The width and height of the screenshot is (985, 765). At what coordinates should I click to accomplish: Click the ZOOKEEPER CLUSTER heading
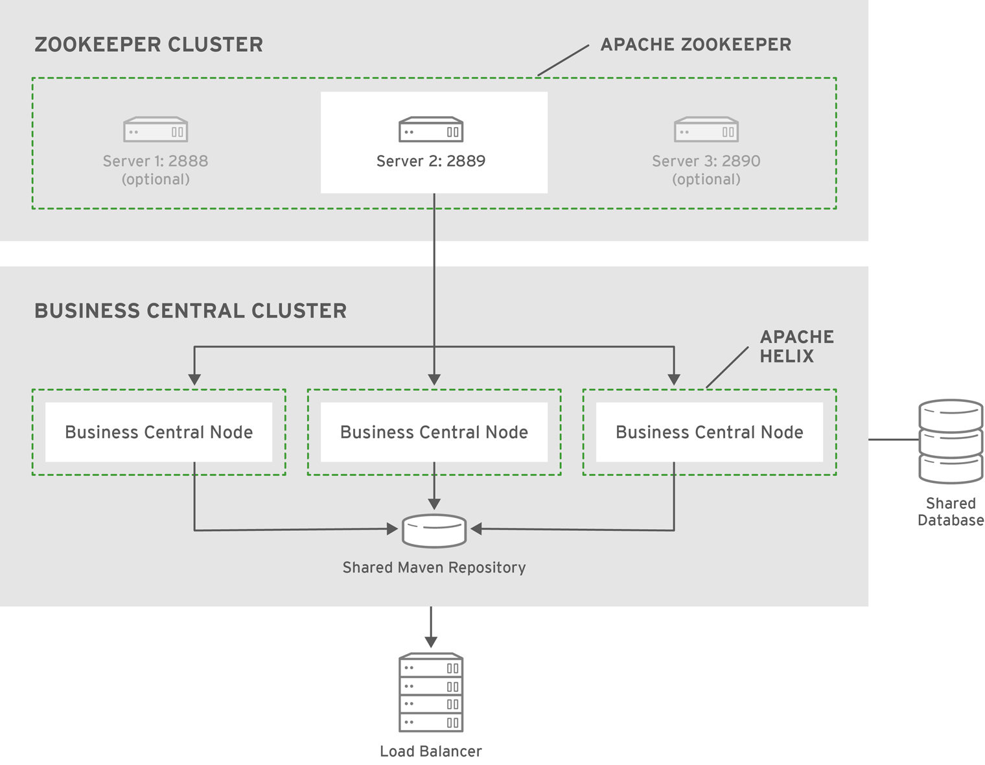pyautogui.click(x=148, y=45)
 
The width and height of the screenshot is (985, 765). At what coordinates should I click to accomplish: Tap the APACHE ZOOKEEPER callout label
pyautogui.click(x=696, y=45)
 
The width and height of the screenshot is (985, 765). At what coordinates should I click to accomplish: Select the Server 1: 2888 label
pyautogui.click(x=156, y=161)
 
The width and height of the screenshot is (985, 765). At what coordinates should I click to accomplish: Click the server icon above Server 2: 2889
pyautogui.click(x=431, y=129)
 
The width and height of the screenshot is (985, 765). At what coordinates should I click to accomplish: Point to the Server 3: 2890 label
pyautogui.click(x=706, y=161)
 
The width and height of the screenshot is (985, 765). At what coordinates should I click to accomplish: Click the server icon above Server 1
pyautogui.click(x=156, y=129)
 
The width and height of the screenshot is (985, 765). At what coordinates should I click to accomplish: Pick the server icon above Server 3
pyautogui.click(x=706, y=129)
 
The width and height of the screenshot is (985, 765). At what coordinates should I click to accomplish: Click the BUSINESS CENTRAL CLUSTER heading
pyautogui.click(x=191, y=311)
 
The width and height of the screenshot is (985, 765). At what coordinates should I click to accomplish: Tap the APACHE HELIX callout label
pyautogui.click(x=797, y=346)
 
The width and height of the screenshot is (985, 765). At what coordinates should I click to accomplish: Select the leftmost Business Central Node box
pyautogui.click(x=159, y=432)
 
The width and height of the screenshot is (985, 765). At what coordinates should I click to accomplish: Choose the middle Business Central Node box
pyautogui.click(x=434, y=432)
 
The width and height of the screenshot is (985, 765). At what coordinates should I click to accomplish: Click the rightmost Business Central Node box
pyautogui.click(x=710, y=432)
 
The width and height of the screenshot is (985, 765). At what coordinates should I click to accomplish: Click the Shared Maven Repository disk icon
pyautogui.click(x=434, y=530)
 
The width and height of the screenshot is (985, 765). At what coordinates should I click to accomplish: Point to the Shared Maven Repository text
pyautogui.click(x=434, y=567)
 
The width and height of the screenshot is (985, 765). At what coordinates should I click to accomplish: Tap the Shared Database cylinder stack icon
pyautogui.click(x=951, y=441)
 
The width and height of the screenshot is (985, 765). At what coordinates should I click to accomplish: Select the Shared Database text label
pyautogui.click(x=951, y=512)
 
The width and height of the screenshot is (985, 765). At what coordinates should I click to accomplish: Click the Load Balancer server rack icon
pyautogui.click(x=431, y=692)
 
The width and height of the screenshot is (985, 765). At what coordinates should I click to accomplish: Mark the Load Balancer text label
pyautogui.click(x=431, y=751)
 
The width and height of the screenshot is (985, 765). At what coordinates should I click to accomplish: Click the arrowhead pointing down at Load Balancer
pyautogui.click(x=431, y=642)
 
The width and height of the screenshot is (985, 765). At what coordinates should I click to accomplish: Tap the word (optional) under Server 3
pyautogui.click(x=706, y=180)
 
